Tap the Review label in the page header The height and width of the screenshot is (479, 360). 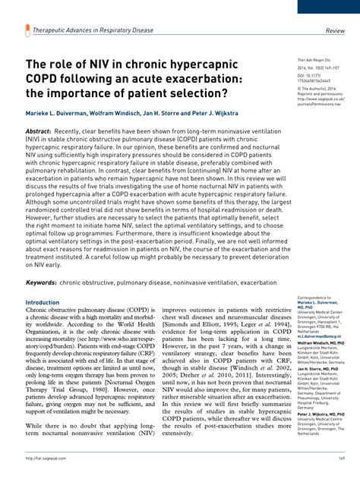(x=336, y=32)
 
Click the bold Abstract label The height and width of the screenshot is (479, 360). (x=41, y=131)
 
